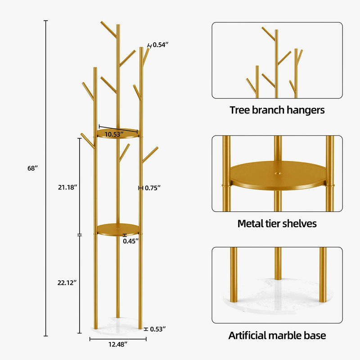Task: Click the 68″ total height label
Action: [32, 168]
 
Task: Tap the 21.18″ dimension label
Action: [67, 187]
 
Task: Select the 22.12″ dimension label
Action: [67, 283]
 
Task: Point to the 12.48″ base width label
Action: [118, 344]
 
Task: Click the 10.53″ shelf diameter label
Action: [114, 134]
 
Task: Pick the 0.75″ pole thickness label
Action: [153, 188]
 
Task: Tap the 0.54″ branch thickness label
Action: [161, 45]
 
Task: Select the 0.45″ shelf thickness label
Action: [130, 241]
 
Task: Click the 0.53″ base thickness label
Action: [158, 329]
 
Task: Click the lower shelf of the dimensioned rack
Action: [118, 229]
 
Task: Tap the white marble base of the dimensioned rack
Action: [118, 325]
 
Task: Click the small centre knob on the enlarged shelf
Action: [279, 173]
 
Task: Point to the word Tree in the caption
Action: [239, 110]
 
